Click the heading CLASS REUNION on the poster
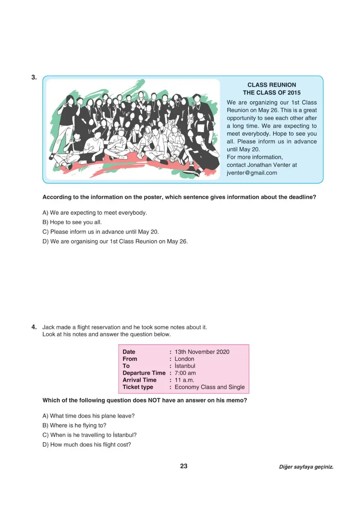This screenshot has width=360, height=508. [x=272, y=85]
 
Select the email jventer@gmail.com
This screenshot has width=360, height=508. [x=252, y=173]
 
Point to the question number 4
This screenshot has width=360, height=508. [x=34, y=327]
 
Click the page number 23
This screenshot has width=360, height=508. [x=184, y=466]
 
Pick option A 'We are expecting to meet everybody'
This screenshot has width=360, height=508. [x=94, y=213]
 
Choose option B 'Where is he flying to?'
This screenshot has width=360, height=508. [x=74, y=425]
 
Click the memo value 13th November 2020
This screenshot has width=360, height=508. [x=202, y=352]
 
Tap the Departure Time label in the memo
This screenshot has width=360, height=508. [x=144, y=373]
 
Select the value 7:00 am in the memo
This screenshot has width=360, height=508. [x=185, y=373]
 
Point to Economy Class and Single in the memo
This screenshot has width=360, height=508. [x=209, y=387]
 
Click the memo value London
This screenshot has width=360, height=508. [x=184, y=359]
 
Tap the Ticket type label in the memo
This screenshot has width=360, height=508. [x=137, y=387]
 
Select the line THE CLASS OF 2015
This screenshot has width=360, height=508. [x=272, y=93]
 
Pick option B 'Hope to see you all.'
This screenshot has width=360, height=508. [x=72, y=222]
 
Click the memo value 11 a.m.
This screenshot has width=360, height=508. [x=184, y=380]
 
